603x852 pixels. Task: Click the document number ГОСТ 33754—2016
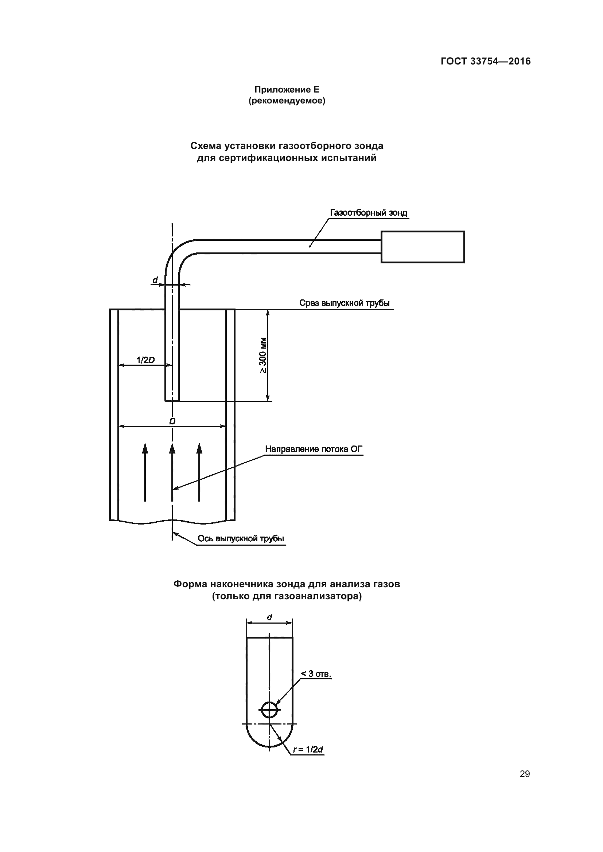pyautogui.click(x=485, y=61)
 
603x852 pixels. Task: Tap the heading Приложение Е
pyautogui.click(x=287, y=90)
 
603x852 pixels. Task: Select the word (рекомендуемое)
pyautogui.click(x=287, y=101)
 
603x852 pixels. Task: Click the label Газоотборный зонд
pyautogui.click(x=368, y=213)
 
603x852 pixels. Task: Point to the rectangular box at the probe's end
pyautogui.click(x=423, y=247)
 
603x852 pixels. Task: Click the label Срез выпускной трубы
pyautogui.click(x=344, y=303)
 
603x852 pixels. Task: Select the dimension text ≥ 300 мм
pyautogui.click(x=262, y=355)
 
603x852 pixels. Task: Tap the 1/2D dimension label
pyautogui.click(x=145, y=360)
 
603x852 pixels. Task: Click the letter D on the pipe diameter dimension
pyautogui.click(x=172, y=421)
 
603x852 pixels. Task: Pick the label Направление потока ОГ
pyautogui.click(x=314, y=449)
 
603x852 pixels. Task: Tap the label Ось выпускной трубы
pyautogui.click(x=241, y=538)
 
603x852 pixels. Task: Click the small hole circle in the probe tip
pyautogui.click(x=269, y=710)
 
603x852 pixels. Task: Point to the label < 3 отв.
pyautogui.click(x=316, y=674)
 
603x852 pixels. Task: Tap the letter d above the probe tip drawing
pyautogui.click(x=269, y=617)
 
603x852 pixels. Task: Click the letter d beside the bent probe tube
pyautogui.click(x=155, y=279)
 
